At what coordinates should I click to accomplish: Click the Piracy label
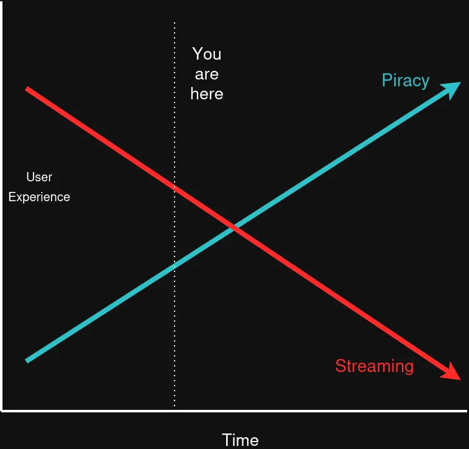[406, 81]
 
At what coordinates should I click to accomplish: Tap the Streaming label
[374, 366]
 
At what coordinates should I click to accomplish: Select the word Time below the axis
[240, 440]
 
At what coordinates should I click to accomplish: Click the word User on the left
[39, 178]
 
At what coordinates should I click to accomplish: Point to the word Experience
[39, 197]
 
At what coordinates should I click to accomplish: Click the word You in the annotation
[207, 54]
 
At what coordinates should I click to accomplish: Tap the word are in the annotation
[207, 75]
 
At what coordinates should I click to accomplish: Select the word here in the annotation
[207, 94]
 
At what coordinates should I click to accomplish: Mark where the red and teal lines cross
[234, 228]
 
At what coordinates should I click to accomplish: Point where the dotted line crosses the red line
[175, 188]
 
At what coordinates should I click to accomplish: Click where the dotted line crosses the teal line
[175, 265]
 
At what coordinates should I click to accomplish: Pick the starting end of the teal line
[27, 360]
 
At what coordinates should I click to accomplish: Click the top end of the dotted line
[175, 24]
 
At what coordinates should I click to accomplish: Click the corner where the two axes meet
[2, 410]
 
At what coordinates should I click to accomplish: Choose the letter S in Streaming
[340, 366]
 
